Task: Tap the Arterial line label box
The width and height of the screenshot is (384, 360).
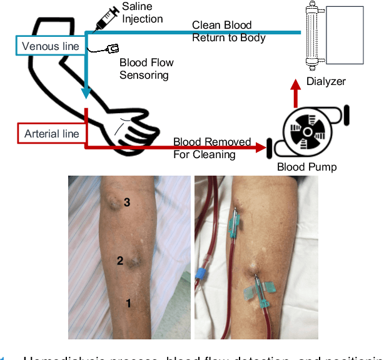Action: coord(51,134)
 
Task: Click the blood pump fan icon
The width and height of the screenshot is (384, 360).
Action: coord(308,133)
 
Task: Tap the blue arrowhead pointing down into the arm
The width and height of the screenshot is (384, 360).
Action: coord(86,94)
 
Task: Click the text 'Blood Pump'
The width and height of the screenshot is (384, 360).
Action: coord(306,167)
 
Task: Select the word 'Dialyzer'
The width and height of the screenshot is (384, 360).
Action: coord(325,81)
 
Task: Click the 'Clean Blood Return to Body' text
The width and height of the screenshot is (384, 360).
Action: coord(228,31)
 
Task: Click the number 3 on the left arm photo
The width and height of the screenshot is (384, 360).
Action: coord(126,202)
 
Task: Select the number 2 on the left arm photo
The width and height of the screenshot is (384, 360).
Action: coord(120,261)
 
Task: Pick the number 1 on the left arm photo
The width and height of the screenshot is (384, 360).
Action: coord(128,304)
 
